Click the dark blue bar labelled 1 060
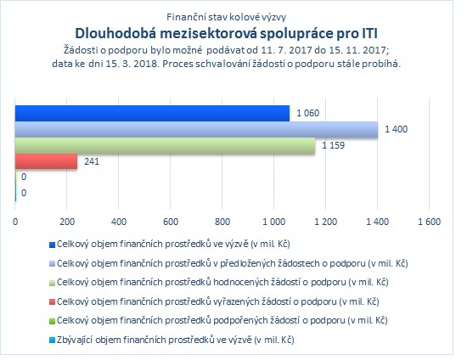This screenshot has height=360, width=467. [152, 113]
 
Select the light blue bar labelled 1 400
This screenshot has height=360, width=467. [197, 130]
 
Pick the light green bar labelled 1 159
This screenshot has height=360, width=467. [165, 145]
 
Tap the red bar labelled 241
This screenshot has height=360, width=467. [46, 161]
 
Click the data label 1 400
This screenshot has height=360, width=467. [397, 129]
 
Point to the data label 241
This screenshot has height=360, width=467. [92, 161]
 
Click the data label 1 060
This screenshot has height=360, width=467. [307, 113]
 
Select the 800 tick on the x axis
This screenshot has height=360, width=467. [222, 222]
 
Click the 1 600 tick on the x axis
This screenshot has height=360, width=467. [429, 222]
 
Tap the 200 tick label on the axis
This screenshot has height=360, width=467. [67, 222]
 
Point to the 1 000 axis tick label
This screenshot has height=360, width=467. [274, 222]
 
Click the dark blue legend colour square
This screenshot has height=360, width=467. [52, 245]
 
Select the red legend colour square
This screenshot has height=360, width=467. [52, 302]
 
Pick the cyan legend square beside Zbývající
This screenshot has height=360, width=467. [52, 340]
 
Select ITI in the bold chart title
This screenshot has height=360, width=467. [369, 33]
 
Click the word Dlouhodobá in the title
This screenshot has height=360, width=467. [115, 33]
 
